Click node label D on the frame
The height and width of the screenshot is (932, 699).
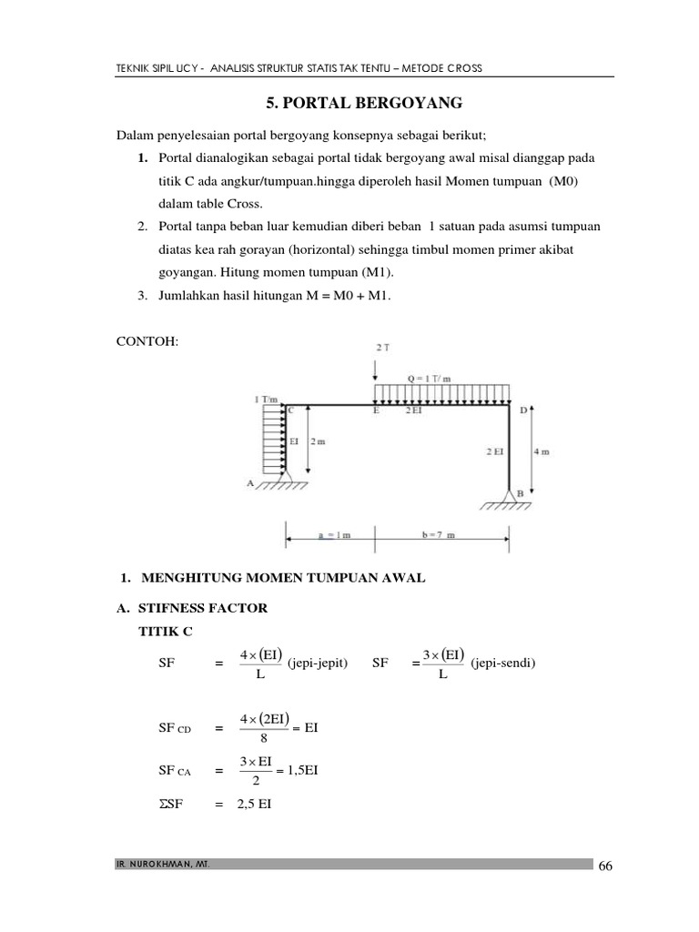(x=522, y=410)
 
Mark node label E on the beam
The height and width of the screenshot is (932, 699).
(x=377, y=411)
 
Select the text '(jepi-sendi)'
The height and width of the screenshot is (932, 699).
(x=503, y=664)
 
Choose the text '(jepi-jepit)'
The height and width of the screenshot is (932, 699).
(x=318, y=664)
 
